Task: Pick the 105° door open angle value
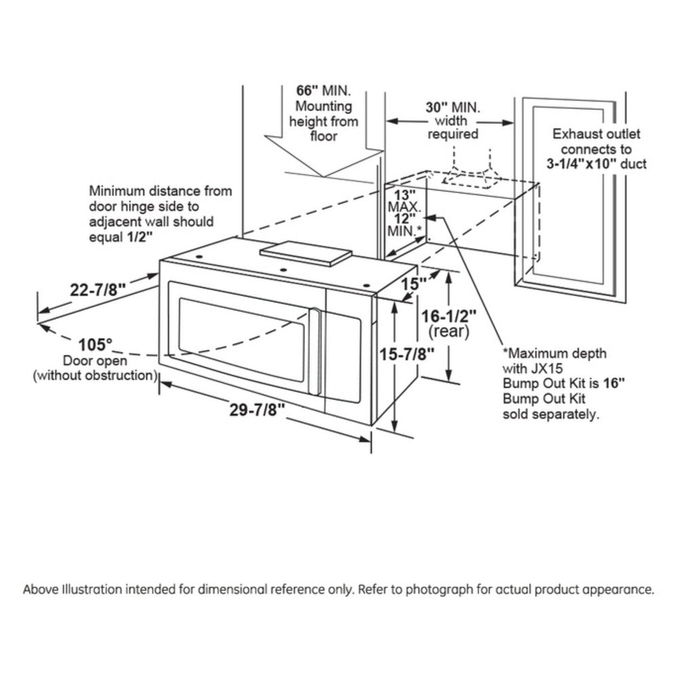(95, 344)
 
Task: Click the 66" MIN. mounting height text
(323, 91)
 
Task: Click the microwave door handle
(314, 350)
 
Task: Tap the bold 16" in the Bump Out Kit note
(615, 383)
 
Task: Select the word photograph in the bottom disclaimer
(435, 589)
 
